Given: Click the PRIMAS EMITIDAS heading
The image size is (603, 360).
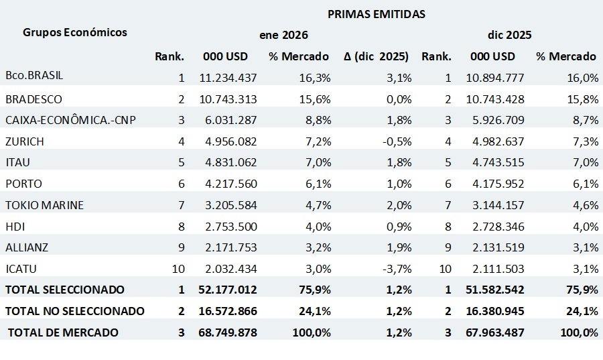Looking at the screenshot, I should (x=376, y=13).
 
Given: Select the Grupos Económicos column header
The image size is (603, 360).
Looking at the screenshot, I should (x=74, y=32).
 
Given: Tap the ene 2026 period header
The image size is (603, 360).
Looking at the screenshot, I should (x=283, y=35).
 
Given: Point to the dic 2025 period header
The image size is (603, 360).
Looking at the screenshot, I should (x=509, y=35).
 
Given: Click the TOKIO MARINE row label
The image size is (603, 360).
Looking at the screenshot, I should (x=44, y=205).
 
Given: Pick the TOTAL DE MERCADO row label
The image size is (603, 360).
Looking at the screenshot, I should (x=63, y=333).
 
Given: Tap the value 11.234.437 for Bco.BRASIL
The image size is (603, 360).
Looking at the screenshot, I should (x=228, y=78).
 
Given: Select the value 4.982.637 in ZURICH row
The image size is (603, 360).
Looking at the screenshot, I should (x=495, y=141).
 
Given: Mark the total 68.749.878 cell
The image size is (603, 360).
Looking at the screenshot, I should (x=228, y=333).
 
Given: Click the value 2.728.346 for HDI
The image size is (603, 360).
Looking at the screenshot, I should (x=495, y=227).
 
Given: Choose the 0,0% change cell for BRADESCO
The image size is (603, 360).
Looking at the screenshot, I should (x=398, y=99).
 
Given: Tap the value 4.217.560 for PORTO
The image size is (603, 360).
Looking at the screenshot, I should (x=228, y=184).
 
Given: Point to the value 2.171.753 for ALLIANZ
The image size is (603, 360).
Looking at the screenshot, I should (x=228, y=247).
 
